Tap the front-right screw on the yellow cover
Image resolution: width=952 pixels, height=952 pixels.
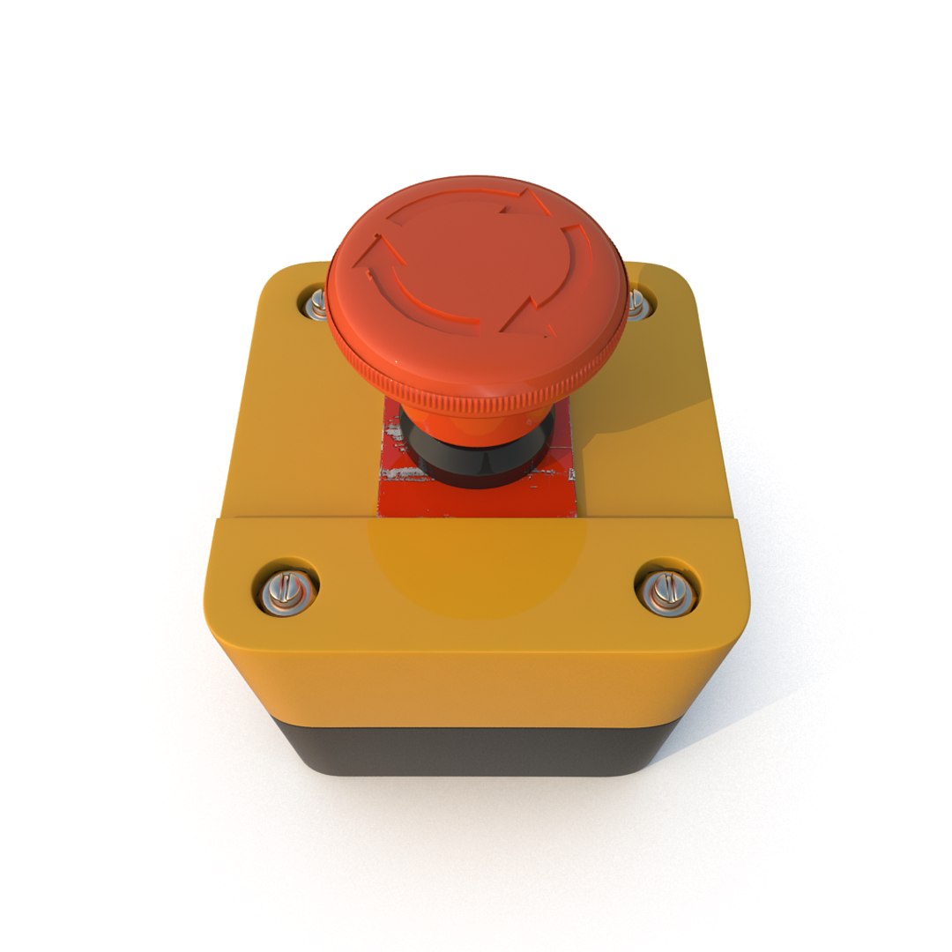(668, 590)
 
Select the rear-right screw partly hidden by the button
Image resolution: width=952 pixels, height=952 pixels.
(635, 302)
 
